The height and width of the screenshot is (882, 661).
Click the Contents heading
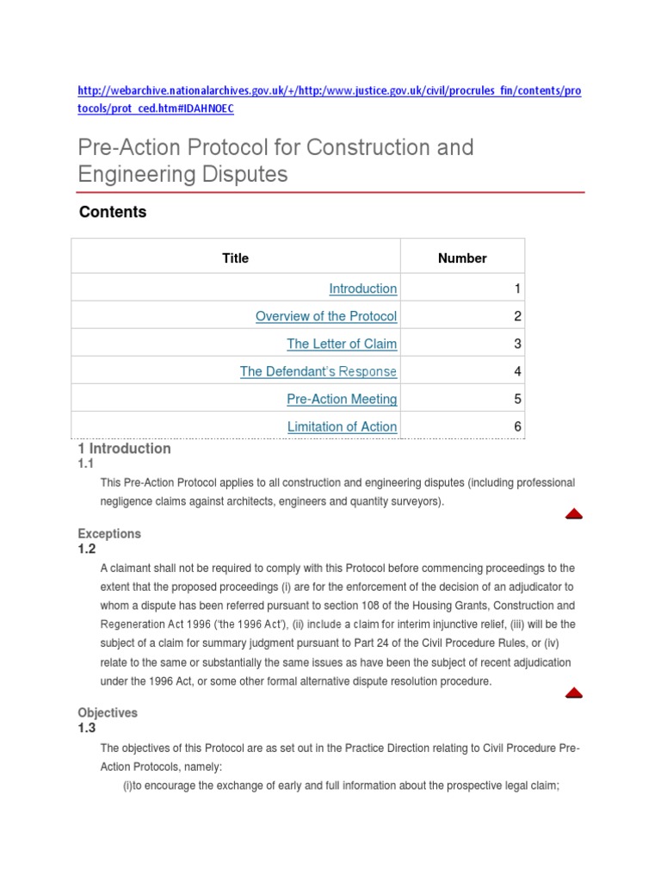pyautogui.click(x=113, y=212)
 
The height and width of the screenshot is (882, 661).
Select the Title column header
pyautogui.click(x=235, y=258)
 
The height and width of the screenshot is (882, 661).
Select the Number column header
pyautogui.click(x=462, y=258)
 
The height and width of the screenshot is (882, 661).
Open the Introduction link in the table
pyautogui.click(x=363, y=289)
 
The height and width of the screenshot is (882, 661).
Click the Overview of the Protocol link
pyautogui.click(x=326, y=316)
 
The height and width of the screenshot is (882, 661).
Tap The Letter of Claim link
pyautogui.click(x=342, y=344)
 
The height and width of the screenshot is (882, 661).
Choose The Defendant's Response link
pyautogui.click(x=318, y=371)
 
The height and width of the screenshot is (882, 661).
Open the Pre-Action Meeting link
pyautogui.click(x=342, y=399)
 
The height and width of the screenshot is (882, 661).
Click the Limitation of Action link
pyautogui.click(x=342, y=426)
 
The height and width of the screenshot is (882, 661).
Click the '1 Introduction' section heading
pyautogui.click(x=125, y=449)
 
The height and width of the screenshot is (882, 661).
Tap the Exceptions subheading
pyautogui.click(x=109, y=534)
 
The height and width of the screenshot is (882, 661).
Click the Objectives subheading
pyautogui.click(x=108, y=713)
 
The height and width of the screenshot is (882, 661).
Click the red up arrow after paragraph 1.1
pyautogui.click(x=574, y=514)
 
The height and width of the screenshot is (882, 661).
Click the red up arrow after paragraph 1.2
pyautogui.click(x=574, y=693)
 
